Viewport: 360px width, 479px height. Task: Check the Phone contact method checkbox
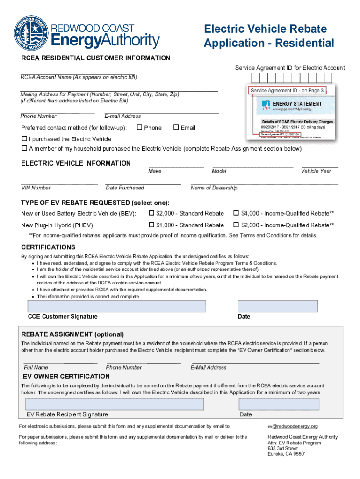point(139,128)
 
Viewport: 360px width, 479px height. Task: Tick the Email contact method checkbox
point(176,128)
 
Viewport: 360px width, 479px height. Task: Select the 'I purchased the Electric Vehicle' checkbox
point(25,139)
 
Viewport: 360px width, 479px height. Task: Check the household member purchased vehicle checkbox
point(25,149)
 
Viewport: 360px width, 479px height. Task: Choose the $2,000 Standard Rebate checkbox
point(151,213)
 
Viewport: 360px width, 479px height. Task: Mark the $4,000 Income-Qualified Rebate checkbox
point(236,213)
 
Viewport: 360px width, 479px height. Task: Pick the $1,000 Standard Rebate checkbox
point(151,225)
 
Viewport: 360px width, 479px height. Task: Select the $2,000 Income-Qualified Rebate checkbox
point(236,225)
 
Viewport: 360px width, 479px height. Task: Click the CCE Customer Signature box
point(117,306)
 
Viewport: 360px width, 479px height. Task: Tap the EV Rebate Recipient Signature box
point(115,404)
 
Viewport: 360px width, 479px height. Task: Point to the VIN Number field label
point(36,188)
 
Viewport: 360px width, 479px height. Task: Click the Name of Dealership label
point(214,188)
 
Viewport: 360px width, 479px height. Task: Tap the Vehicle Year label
point(316,171)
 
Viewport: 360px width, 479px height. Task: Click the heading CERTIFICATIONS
point(48,247)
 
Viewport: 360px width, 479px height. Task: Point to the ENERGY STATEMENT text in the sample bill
point(297,104)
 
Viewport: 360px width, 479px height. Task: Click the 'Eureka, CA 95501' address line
point(287,454)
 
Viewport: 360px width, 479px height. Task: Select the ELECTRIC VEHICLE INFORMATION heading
point(76,163)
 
